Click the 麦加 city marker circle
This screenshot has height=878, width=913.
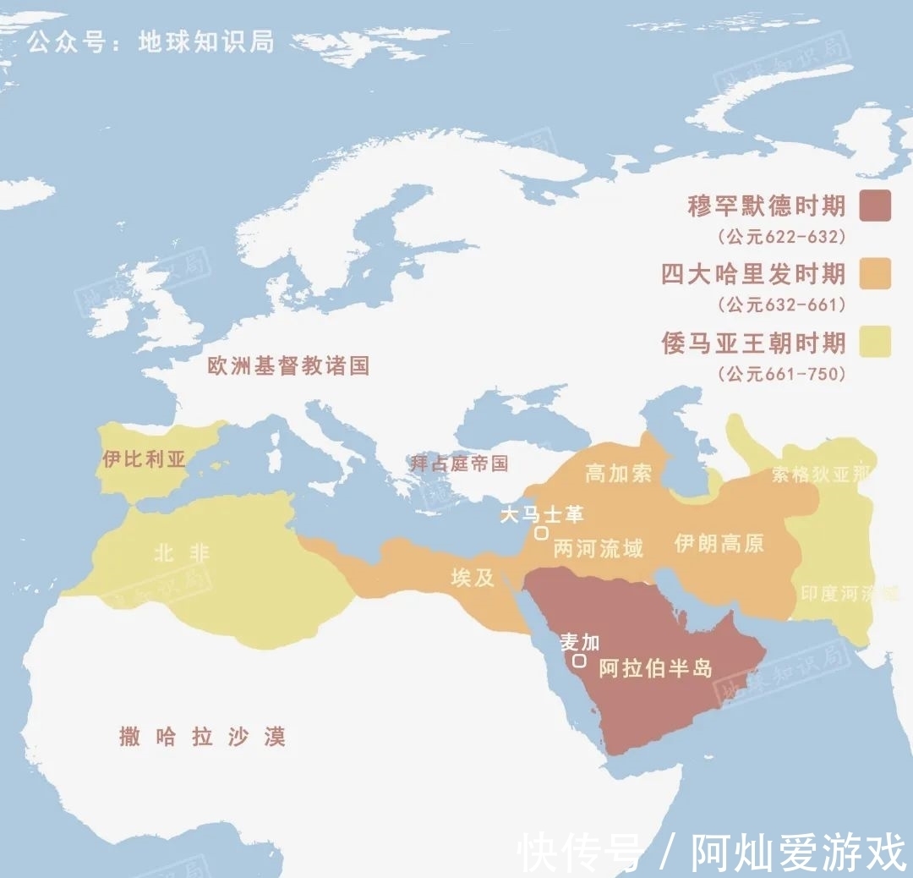coord(579,661)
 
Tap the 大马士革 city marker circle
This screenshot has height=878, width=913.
coord(540,533)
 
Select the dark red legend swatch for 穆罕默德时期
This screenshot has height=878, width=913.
coord(875,206)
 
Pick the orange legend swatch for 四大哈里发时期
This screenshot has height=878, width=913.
coord(875,274)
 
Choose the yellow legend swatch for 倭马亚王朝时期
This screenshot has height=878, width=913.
coord(875,343)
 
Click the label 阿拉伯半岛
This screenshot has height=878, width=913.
coord(655,668)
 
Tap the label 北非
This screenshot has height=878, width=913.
coord(181,553)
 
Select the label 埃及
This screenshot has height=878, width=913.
coord(473,578)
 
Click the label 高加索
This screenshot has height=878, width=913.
coord(619,474)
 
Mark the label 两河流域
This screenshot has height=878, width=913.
coord(598,548)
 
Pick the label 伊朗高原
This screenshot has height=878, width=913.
coord(719,543)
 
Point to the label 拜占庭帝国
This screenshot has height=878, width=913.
coord(459,463)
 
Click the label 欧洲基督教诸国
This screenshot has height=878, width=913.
coord(289,365)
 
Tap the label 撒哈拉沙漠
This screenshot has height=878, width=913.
coord(202,737)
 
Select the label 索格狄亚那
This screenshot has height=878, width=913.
coord(820,475)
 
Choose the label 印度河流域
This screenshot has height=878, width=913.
coord(849,594)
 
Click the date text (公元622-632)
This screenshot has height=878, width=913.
coord(781,237)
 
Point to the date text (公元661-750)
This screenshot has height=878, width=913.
coord(781,374)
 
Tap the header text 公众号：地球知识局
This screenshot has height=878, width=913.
coord(151,41)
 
